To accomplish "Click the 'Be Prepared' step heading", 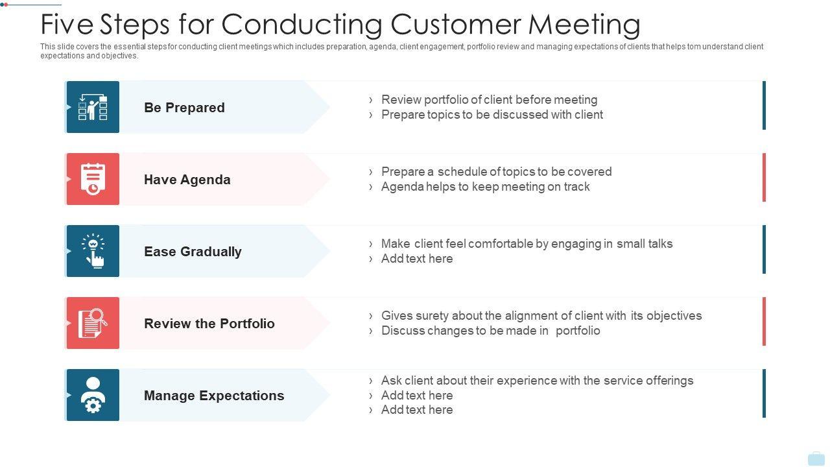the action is [184, 108].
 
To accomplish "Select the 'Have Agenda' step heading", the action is [187, 180].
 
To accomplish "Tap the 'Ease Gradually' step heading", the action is [193, 252].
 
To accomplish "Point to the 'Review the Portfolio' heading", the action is [209, 324].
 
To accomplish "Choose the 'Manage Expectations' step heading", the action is [214, 396].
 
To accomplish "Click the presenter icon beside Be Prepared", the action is [93, 107].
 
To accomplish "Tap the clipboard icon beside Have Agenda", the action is [93, 179].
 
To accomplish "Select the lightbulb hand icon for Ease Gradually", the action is [93, 251].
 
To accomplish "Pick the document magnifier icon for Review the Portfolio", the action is [93, 323].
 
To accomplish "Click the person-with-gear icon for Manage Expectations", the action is [93, 395].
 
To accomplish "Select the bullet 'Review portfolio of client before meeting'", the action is [489, 100].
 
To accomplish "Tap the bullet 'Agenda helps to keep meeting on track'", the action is [485, 187].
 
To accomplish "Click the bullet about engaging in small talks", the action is [527, 244].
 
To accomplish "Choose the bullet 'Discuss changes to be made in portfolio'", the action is [490, 331].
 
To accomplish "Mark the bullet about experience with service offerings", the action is [537, 381].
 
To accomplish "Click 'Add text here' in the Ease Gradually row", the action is [417, 259].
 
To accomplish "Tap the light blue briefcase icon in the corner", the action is [816, 459].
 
